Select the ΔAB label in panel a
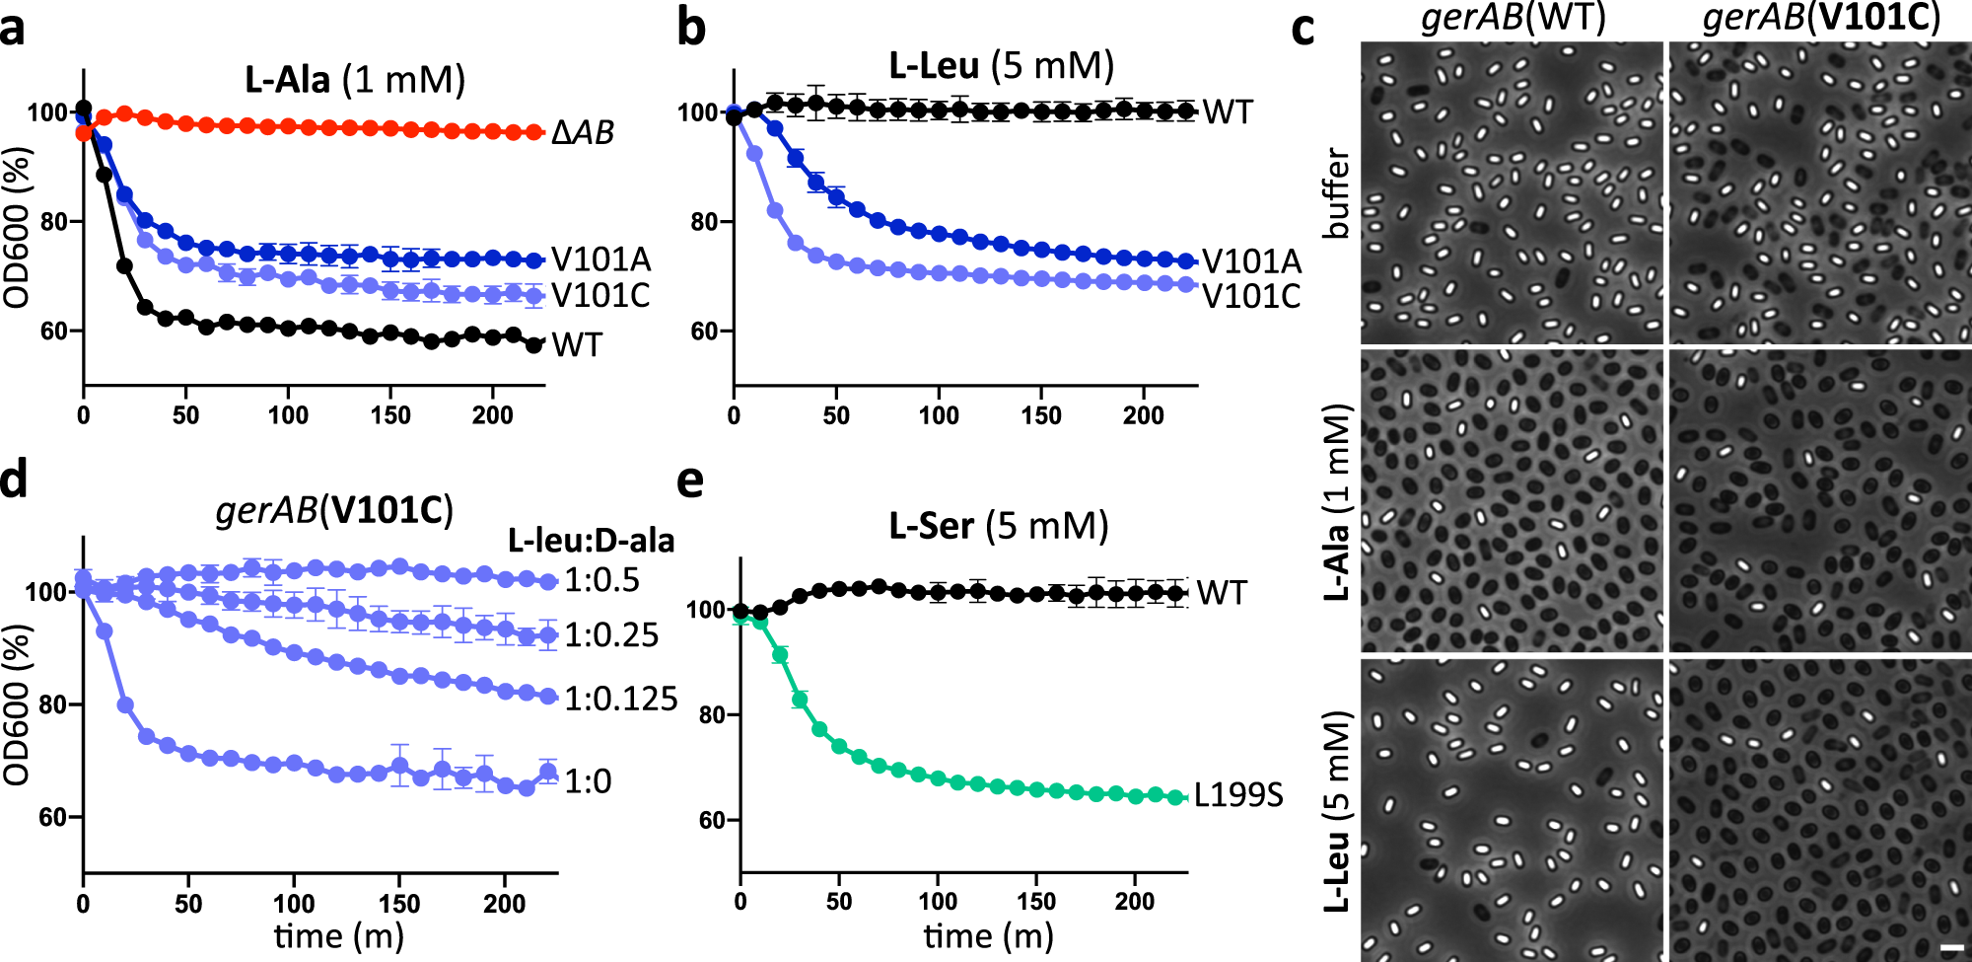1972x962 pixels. click(583, 132)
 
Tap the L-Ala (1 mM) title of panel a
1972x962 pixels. click(355, 80)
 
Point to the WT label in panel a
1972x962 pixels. click(577, 345)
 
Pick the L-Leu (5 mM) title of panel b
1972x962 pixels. click(1001, 66)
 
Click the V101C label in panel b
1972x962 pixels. click(1251, 296)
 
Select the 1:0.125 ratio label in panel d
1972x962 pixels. click(620, 699)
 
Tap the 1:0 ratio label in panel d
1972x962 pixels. click(588, 781)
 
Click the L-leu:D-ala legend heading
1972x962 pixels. click(591, 541)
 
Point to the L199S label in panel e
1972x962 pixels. click(1238, 795)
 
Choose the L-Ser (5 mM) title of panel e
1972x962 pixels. click(998, 526)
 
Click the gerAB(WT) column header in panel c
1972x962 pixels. click(1513, 18)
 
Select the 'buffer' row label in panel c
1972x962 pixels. click(1337, 193)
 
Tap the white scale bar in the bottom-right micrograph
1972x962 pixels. click(1952, 948)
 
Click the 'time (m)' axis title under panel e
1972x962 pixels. click(988, 935)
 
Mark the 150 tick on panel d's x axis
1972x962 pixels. click(399, 904)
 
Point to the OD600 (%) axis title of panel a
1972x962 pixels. click(17, 227)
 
